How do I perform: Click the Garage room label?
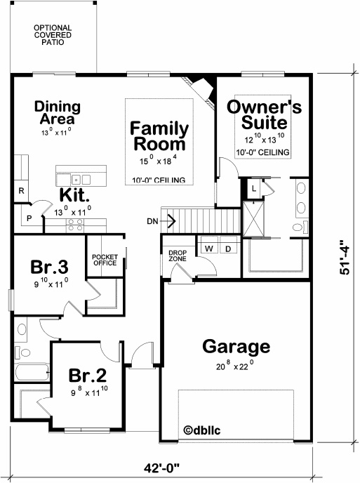click(236, 347)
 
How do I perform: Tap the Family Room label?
click(159, 136)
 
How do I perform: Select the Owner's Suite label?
click(265, 114)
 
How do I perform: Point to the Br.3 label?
click(49, 267)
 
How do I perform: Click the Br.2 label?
click(87, 375)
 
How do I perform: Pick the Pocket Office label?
click(105, 260)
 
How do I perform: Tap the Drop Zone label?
click(178, 256)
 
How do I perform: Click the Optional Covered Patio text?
click(53, 35)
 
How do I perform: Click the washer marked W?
click(209, 248)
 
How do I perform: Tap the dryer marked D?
click(228, 248)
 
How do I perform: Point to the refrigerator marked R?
click(21, 191)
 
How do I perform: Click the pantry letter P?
click(29, 218)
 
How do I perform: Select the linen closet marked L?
click(254, 188)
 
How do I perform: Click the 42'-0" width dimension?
click(161, 468)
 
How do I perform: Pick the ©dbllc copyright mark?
click(201, 430)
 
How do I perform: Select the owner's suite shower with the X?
click(253, 219)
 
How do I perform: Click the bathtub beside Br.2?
click(32, 372)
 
